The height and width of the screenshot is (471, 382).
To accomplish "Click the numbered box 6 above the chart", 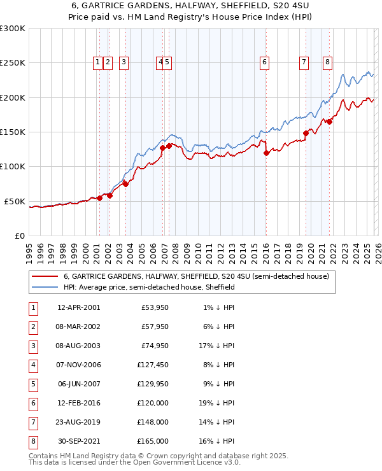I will (x=264, y=62).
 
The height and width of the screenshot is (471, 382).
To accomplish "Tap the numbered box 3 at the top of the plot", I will (x=123, y=62).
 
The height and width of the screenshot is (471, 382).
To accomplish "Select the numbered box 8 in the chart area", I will (x=327, y=62).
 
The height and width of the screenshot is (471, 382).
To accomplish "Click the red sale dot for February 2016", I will (x=266, y=152).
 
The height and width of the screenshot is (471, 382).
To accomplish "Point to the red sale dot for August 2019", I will (x=306, y=133).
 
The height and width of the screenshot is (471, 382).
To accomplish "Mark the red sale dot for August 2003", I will (x=125, y=184).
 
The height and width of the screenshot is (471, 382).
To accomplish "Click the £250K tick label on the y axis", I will (x=13, y=63).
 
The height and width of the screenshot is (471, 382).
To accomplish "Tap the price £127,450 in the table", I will (x=152, y=365).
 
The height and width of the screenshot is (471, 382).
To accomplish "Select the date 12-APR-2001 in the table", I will (x=78, y=307).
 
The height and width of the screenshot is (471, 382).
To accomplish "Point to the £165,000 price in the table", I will (x=152, y=441).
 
